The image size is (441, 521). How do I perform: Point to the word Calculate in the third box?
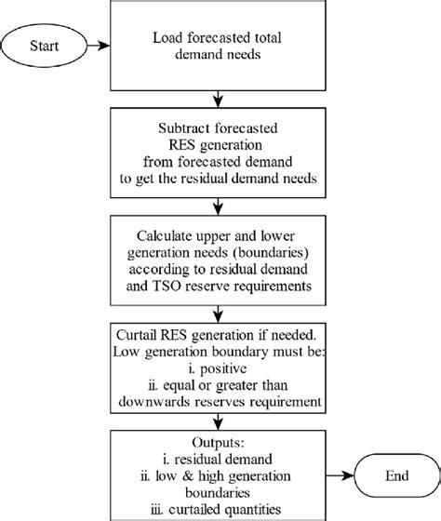pos(163,237)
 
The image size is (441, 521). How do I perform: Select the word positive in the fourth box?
pos(218,371)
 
